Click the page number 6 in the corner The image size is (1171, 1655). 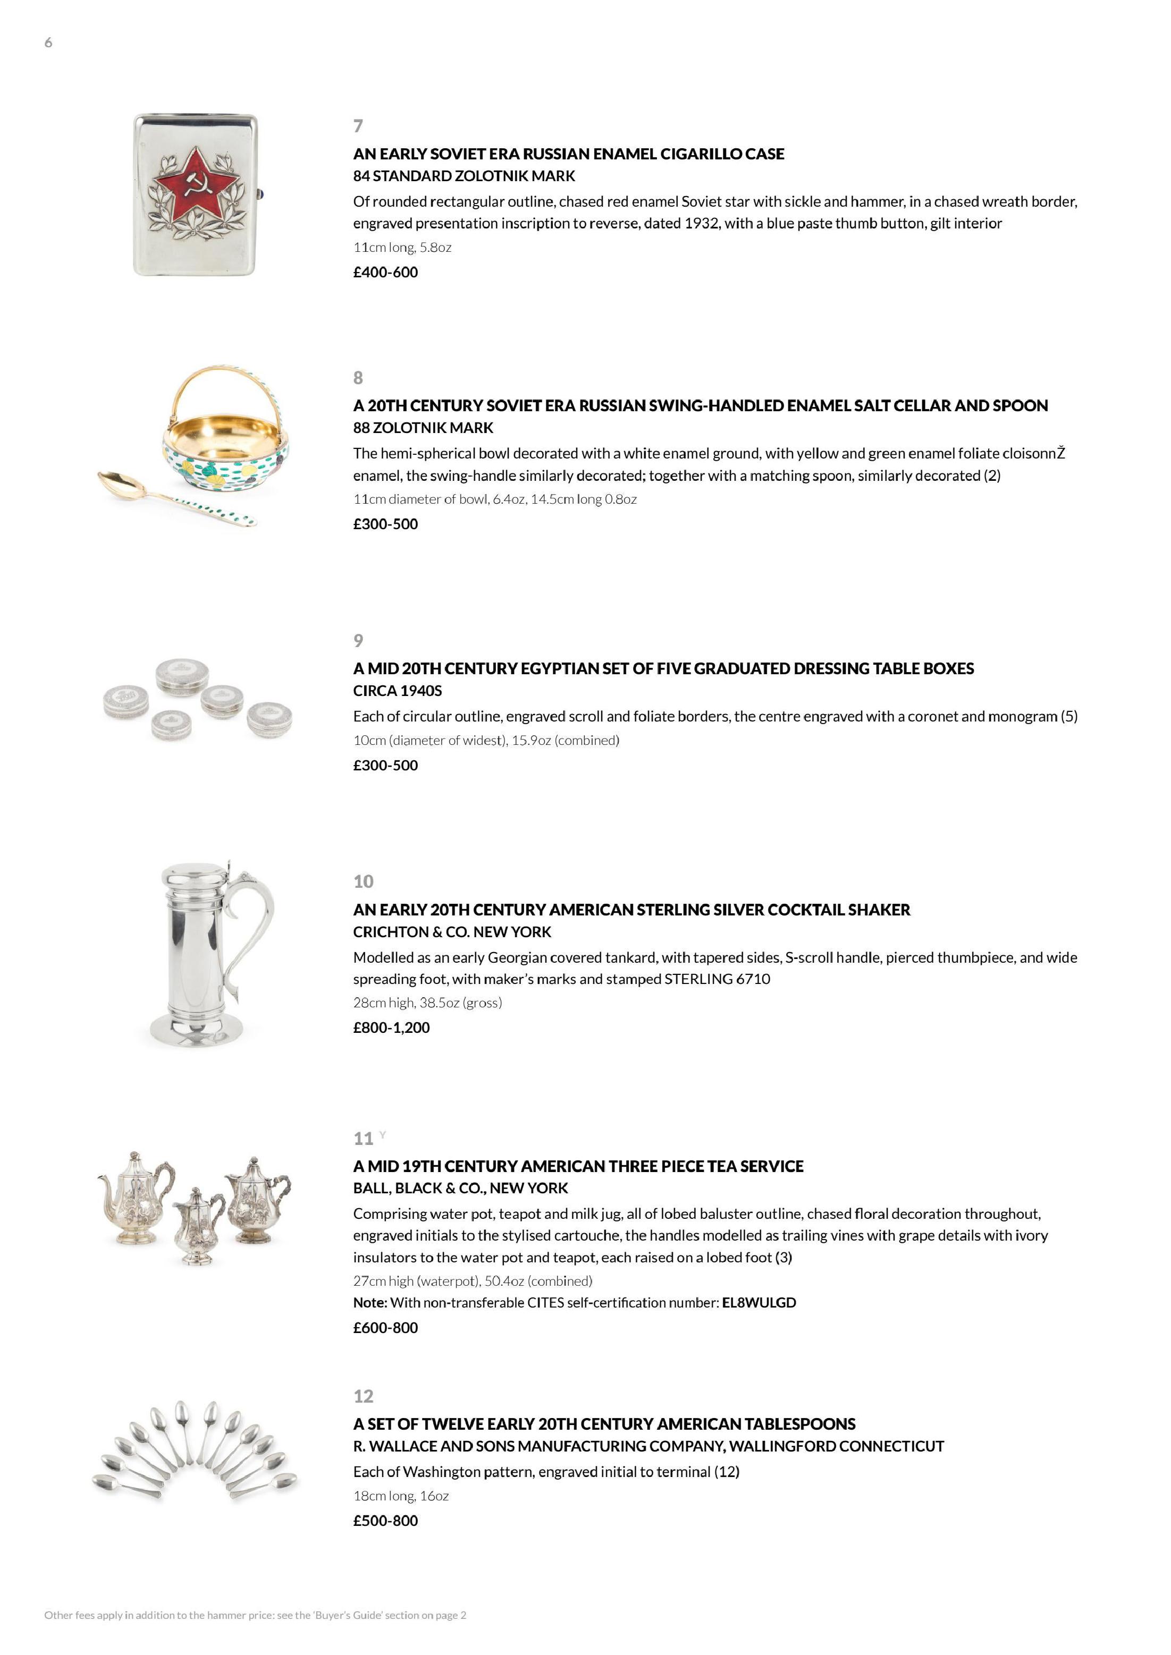[x=48, y=43]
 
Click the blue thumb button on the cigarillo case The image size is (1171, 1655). [x=262, y=193]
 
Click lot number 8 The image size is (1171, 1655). [x=358, y=378]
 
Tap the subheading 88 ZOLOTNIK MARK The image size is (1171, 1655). [x=423, y=428]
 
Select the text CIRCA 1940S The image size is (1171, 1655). [x=397, y=691]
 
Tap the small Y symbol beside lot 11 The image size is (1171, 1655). [x=382, y=1135]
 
